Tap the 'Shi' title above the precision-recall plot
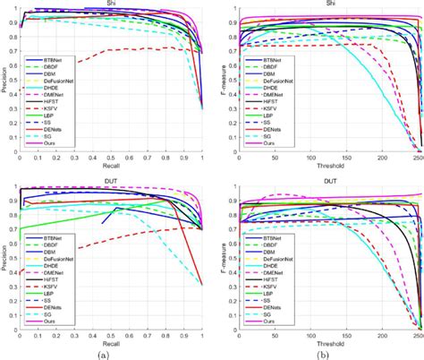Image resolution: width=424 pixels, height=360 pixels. coord(111,4)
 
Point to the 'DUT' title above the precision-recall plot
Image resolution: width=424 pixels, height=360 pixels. coord(111,182)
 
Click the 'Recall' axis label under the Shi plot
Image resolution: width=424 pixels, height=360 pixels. coord(111,165)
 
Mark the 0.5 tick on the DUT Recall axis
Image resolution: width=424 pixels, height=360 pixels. coord(111,334)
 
